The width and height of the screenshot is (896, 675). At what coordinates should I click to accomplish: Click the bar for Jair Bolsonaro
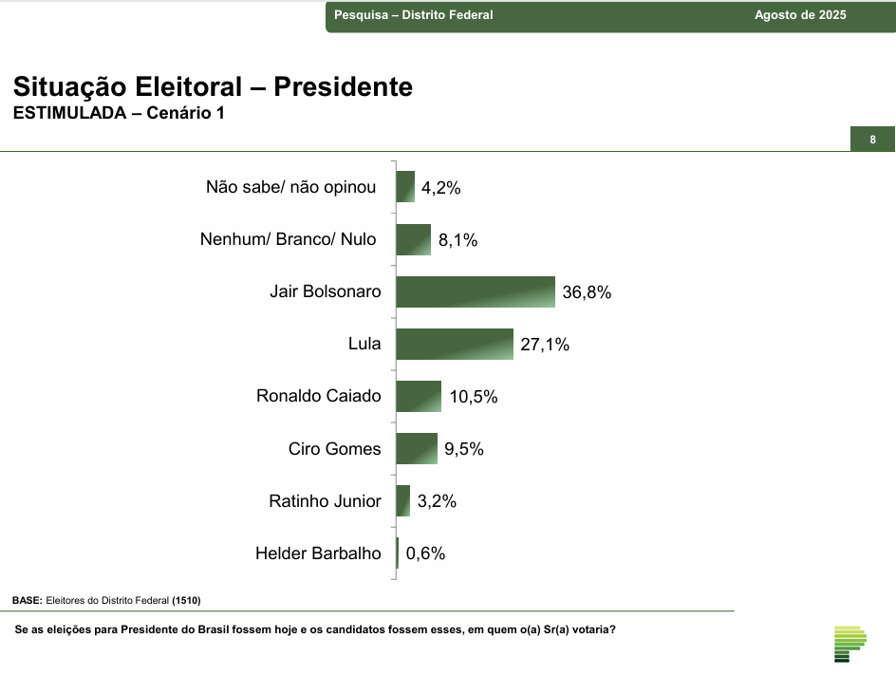(x=475, y=292)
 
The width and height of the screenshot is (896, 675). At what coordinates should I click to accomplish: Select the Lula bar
(x=454, y=345)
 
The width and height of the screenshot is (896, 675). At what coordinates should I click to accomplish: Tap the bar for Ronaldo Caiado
(x=419, y=397)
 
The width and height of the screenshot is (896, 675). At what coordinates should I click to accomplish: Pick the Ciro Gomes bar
(x=417, y=449)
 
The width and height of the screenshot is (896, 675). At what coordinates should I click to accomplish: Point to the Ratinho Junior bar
(x=403, y=501)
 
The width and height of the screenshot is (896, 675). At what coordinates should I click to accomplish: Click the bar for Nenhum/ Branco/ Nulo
(x=413, y=240)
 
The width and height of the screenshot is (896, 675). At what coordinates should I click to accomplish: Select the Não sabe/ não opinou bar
(x=405, y=187)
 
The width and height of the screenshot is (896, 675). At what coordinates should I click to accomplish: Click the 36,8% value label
(x=587, y=293)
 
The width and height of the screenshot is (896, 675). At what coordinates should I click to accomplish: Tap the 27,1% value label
(x=545, y=346)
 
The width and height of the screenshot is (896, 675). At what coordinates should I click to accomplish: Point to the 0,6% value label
(x=425, y=553)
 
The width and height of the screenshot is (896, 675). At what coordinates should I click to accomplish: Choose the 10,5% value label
(x=474, y=398)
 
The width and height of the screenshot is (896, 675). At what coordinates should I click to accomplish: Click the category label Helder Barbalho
(x=318, y=553)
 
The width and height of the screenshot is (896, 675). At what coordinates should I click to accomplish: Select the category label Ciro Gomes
(x=334, y=449)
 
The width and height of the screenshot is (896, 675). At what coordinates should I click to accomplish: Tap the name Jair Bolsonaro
(x=325, y=292)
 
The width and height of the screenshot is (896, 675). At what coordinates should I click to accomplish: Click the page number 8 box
(x=872, y=140)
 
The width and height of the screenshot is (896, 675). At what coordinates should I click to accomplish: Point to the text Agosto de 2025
(x=800, y=15)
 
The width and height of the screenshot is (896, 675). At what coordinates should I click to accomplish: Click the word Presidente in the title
(x=344, y=87)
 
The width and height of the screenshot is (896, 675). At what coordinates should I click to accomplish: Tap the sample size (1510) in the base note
(x=186, y=601)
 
